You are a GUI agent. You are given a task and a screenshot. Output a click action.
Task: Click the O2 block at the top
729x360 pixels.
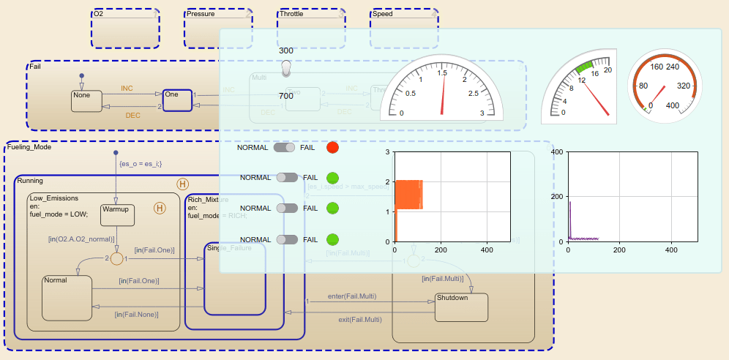pyautogui.click(x=125, y=29)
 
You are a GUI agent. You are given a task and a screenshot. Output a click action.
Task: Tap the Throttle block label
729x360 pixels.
pyautogui.click(x=291, y=14)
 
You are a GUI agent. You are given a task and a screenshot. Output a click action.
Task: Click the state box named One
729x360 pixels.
pyautogui.click(x=177, y=100)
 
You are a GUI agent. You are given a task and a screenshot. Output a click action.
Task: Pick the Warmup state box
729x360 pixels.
pyautogui.click(x=116, y=214)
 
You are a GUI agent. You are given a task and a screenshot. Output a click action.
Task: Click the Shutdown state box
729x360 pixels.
pyautogui.click(x=461, y=307)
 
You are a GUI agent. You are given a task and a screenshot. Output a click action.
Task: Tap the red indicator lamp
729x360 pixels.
pyautogui.click(x=333, y=147)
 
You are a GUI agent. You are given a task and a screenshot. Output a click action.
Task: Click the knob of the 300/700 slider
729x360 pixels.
pyautogui.click(x=286, y=68)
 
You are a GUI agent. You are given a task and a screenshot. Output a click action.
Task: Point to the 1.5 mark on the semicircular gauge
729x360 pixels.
pyautogui.click(x=443, y=73)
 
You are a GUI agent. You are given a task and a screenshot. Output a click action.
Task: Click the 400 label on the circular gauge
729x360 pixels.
pyautogui.click(x=673, y=105)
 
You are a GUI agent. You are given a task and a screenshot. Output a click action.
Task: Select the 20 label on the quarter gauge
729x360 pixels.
pyautogui.click(x=607, y=70)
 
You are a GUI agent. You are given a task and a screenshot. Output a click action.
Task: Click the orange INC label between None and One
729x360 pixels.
pyautogui.click(x=127, y=89)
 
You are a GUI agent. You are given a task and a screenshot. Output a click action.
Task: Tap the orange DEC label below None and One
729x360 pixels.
pyautogui.click(x=132, y=115)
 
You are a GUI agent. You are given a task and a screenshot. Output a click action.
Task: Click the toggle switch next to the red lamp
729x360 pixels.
pyautogui.click(x=284, y=148)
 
